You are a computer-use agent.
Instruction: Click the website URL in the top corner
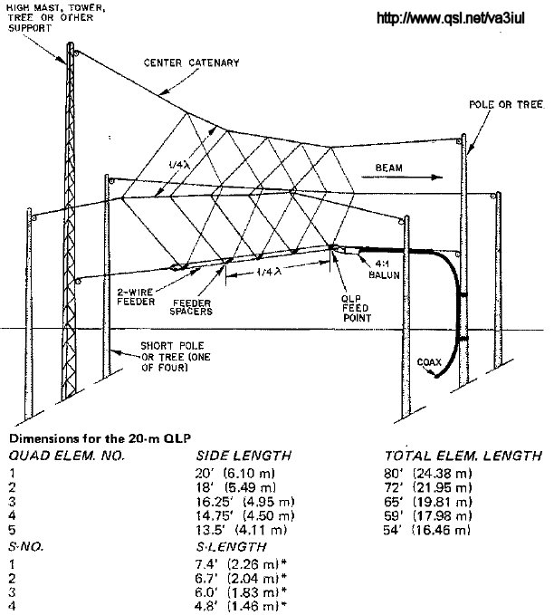pos(450,17)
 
